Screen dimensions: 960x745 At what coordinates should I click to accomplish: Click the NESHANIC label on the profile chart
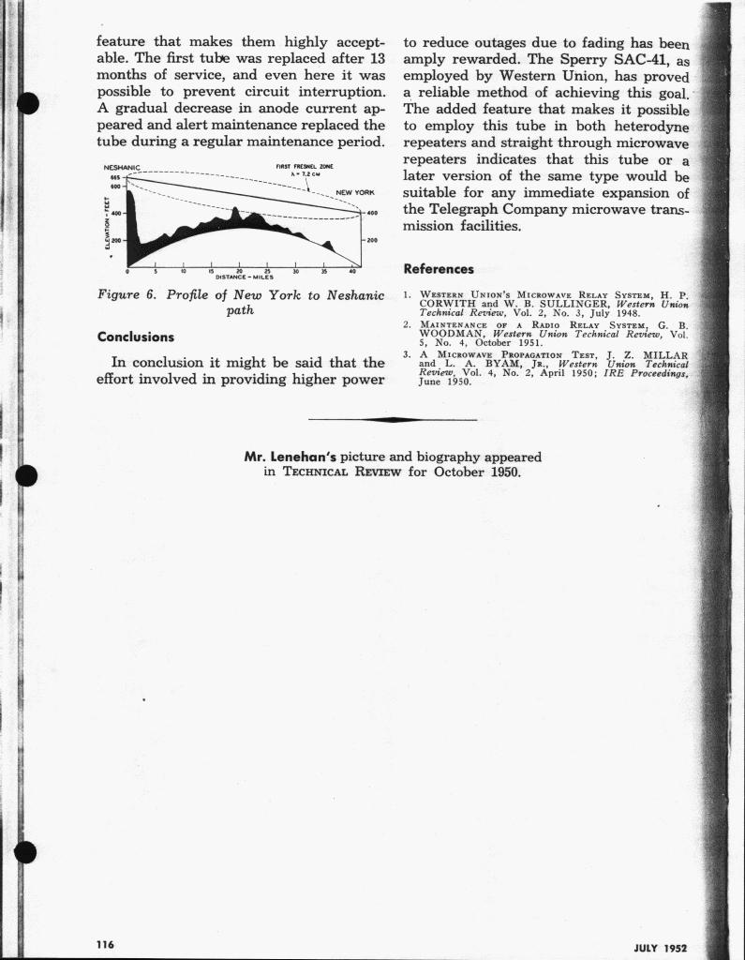[120, 169]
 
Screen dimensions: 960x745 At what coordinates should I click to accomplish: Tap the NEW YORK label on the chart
[354, 193]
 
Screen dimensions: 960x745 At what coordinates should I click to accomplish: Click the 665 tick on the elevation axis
[115, 177]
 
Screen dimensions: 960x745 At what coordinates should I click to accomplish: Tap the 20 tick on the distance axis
[241, 271]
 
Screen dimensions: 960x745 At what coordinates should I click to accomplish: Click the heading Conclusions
[136, 337]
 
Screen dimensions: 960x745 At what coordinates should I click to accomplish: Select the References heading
[438, 269]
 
